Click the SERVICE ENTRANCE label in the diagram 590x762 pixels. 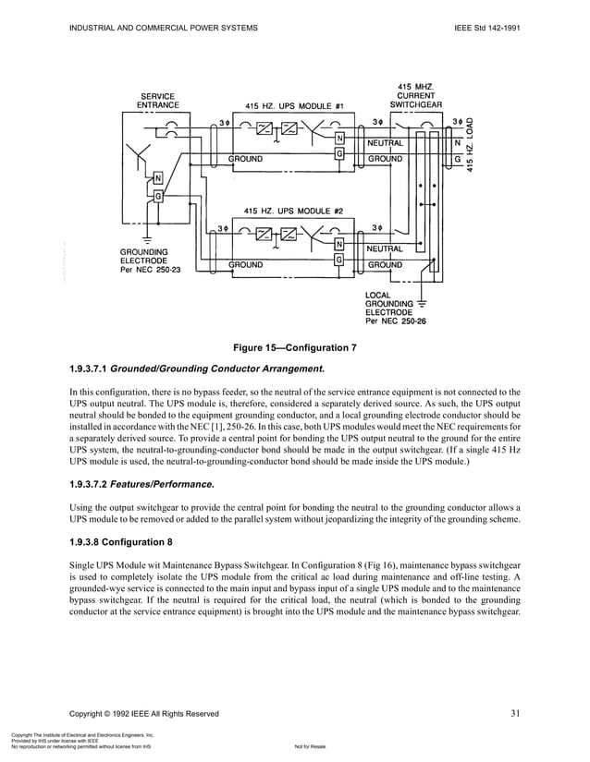(x=158, y=101)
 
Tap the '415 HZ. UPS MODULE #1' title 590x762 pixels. (x=294, y=105)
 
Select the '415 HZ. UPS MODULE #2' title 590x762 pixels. (x=293, y=211)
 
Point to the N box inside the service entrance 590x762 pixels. (x=158, y=178)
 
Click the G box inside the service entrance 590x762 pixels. (x=158, y=196)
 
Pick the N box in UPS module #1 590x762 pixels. (x=339, y=139)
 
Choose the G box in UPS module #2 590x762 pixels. (x=339, y=260)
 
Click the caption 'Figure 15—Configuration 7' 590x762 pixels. (x=295, y=347)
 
